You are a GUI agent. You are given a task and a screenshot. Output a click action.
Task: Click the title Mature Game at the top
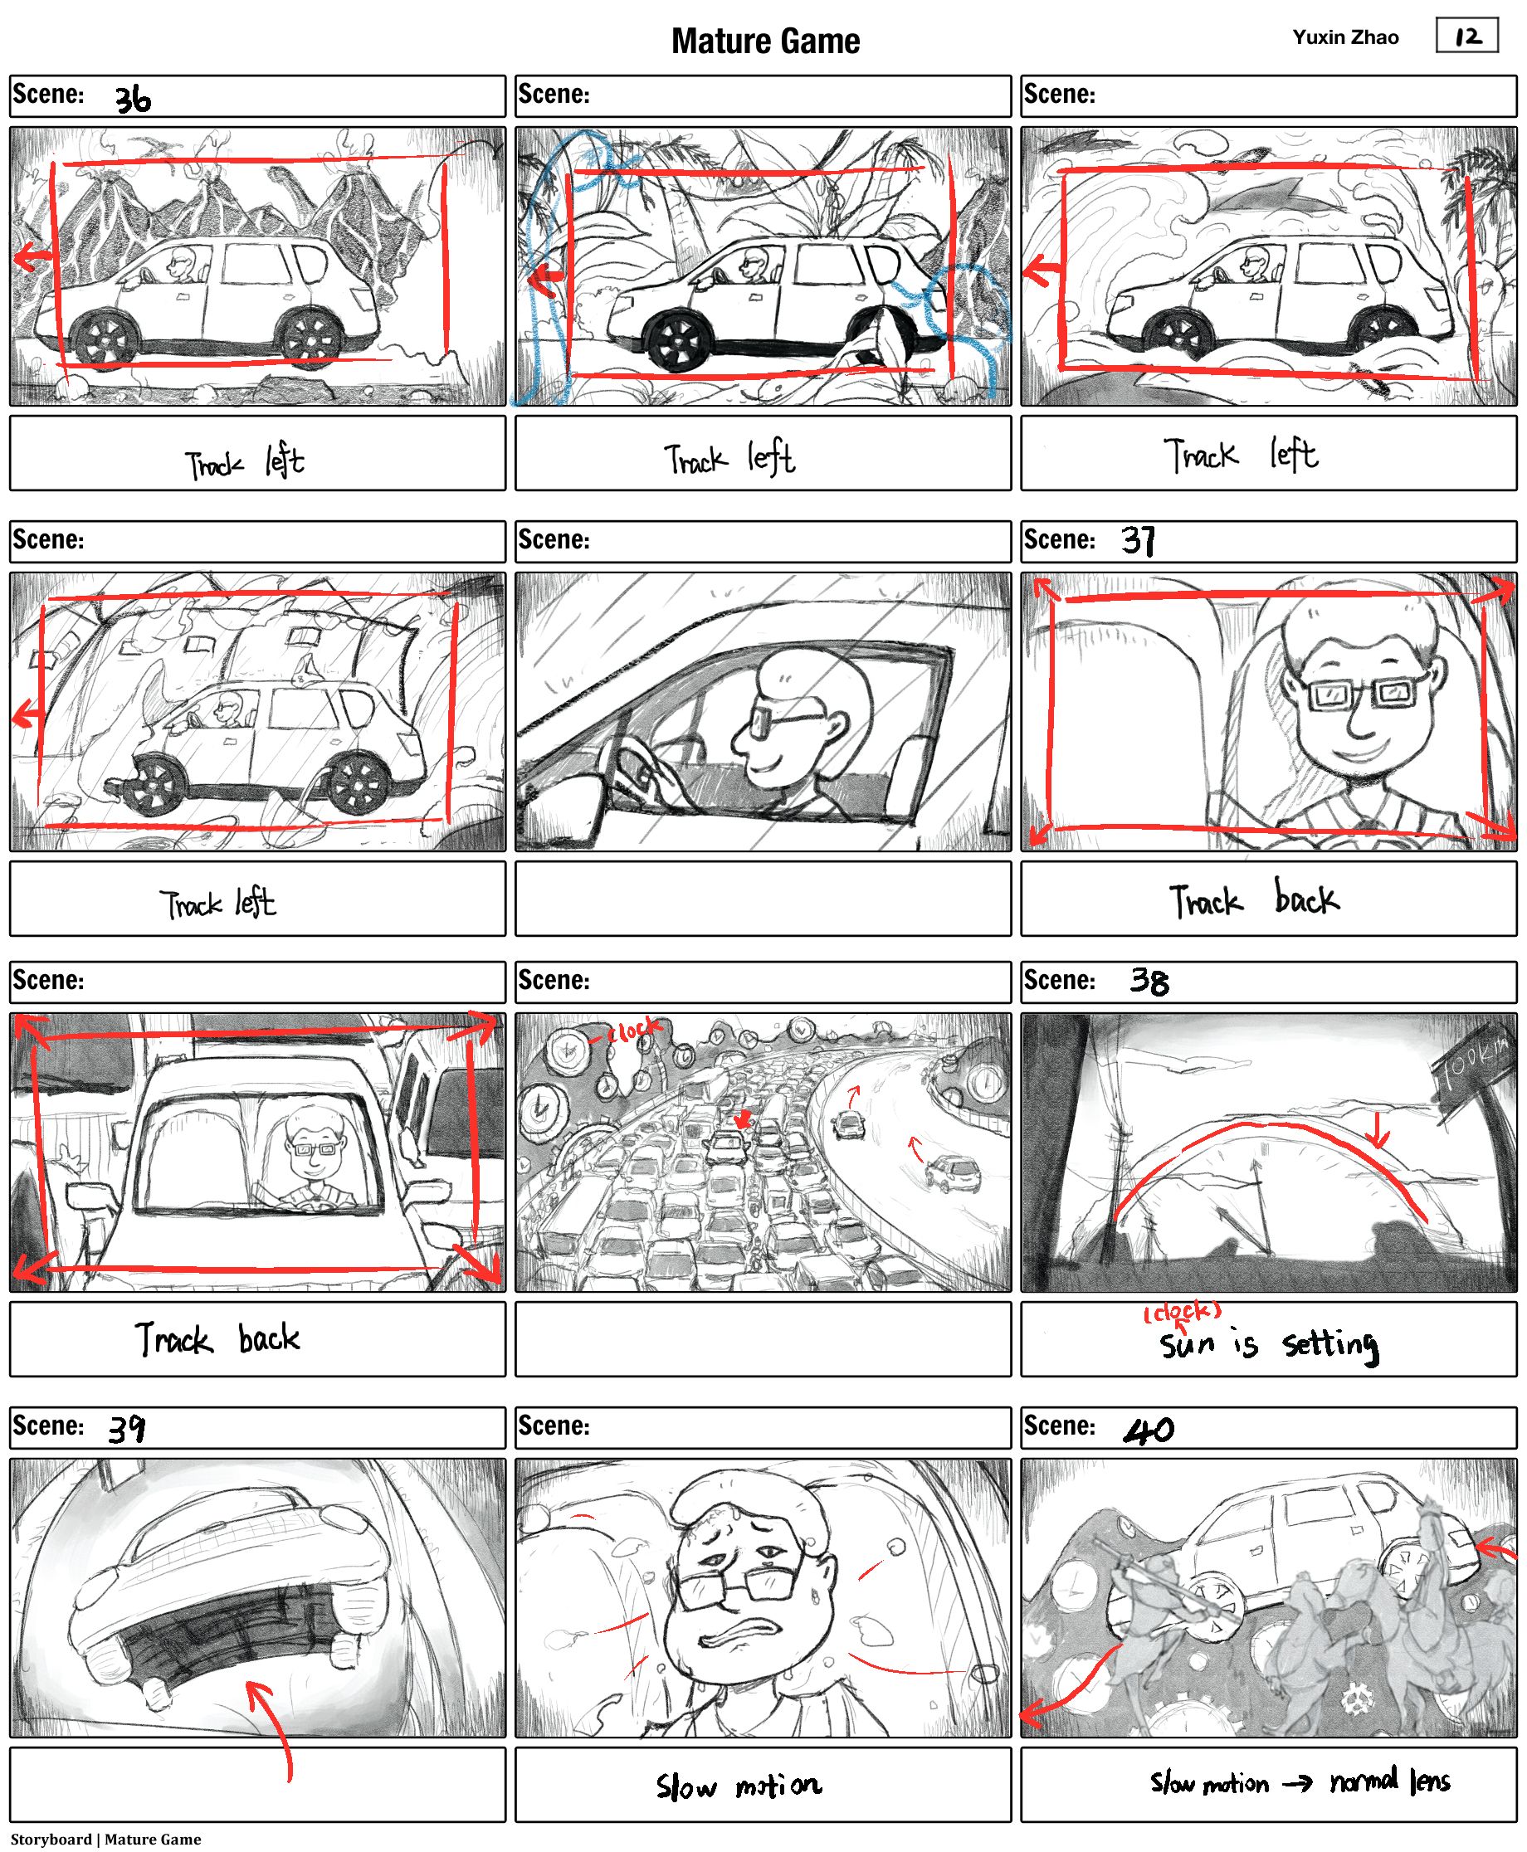(x=765, y=41)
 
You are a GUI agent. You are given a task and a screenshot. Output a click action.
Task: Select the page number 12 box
(x=1466, y=36)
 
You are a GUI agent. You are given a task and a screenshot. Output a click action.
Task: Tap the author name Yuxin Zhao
(x=1345, y=37)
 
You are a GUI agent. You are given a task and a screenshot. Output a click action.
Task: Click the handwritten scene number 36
(x=133, y=100)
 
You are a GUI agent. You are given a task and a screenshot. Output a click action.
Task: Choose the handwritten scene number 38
(x=1149, y=982)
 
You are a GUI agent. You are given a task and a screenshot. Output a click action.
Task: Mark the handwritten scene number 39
(x=127, y=1428)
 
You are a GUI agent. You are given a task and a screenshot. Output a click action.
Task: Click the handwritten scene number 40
(x=1149, y=1429)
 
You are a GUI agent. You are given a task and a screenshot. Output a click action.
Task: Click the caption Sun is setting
(x=1268, y=1343)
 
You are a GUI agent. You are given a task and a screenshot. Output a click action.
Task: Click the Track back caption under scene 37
(x=1253, y=899)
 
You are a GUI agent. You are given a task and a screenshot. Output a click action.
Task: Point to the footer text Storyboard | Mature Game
(x=105, y=1839)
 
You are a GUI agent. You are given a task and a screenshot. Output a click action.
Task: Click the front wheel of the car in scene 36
(x=107, y=339)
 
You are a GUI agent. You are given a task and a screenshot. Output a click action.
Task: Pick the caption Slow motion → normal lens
(x=1300, y=1781)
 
